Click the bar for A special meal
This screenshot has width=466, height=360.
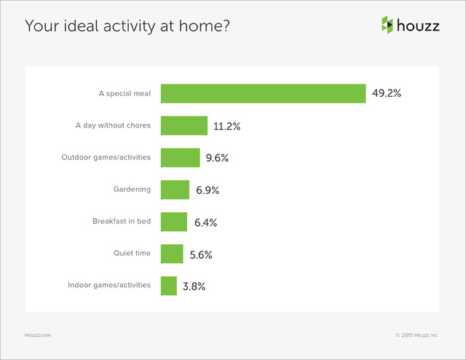(263, 93)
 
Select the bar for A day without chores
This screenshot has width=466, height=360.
(183, 125)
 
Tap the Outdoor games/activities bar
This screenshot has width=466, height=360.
(180, 157)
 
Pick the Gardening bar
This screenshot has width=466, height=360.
(175, 189)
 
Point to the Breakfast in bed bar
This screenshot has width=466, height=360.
(174, 222)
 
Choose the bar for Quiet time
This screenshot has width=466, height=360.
(172, 254)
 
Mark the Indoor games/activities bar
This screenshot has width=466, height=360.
(168, 286)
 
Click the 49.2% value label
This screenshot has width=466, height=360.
(387, 94)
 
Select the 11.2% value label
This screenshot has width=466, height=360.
(227, 126)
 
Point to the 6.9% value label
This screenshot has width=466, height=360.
(208, 190)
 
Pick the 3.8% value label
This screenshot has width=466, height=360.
(194, 286)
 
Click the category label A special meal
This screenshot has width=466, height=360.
(125, 93)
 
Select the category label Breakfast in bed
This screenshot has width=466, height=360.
(122, 221)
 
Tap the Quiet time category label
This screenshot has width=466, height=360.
(132, 253)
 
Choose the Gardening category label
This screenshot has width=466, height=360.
(132, 189)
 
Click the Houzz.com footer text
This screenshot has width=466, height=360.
(38, 334)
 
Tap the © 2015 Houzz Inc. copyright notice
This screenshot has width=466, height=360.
(417, 334)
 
